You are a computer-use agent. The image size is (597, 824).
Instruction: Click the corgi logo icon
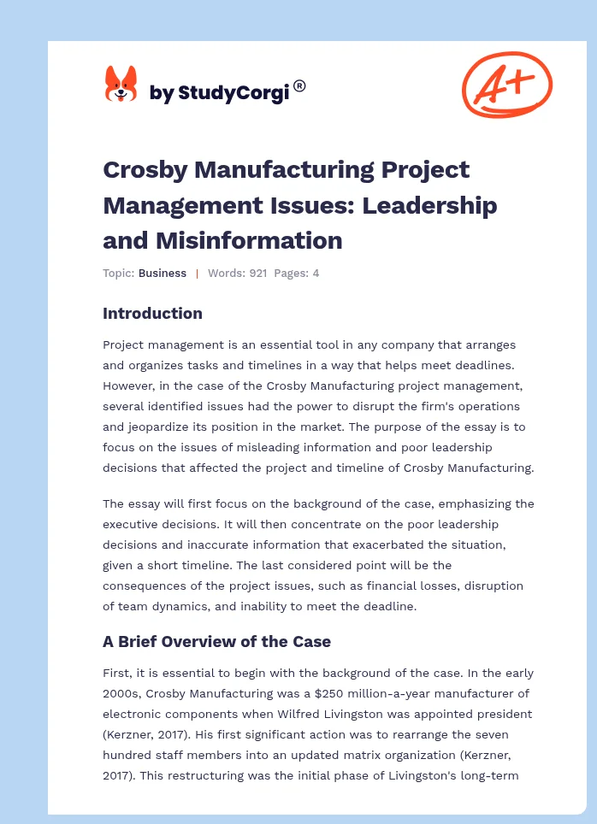click(121, 85)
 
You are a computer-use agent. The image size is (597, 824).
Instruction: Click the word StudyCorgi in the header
click(232, 92)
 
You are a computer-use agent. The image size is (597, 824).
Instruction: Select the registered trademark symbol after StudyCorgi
click(299, 85)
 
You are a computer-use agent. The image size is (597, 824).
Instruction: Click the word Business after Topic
click(163, 274)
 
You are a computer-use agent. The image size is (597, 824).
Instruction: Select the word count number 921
click(257, 274)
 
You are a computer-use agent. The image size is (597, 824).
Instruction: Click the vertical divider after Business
click(197, 274)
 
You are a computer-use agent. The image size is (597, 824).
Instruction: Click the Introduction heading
click(152, 314)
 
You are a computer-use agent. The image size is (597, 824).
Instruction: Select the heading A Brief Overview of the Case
click(216, 641)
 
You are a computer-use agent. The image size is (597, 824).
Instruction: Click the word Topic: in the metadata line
click(119, 274)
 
